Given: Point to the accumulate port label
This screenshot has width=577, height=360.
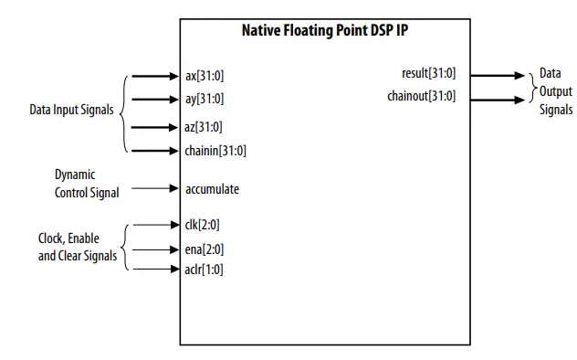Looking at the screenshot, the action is click(x=212, y=189).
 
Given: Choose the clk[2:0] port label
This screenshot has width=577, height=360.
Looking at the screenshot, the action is click(x=203, y=224).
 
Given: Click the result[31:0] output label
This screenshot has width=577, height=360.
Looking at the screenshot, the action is click(x=428, y=74).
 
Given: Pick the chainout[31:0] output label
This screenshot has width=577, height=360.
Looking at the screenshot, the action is click(x=421, y=96).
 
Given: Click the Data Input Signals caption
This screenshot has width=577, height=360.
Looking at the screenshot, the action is click(x=72, y=110).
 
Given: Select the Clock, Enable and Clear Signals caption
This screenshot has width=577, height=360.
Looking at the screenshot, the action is click(x=78, y=248).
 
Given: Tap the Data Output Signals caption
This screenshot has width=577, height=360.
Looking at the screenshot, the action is click(x=555, y=91).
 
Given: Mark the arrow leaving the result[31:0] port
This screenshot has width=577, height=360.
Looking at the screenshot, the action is click(x=498, y=75).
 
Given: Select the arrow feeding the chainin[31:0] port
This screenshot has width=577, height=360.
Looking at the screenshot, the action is click(x=156, y=151).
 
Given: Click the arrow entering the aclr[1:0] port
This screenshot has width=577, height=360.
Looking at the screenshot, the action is click(x=156, y=270).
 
